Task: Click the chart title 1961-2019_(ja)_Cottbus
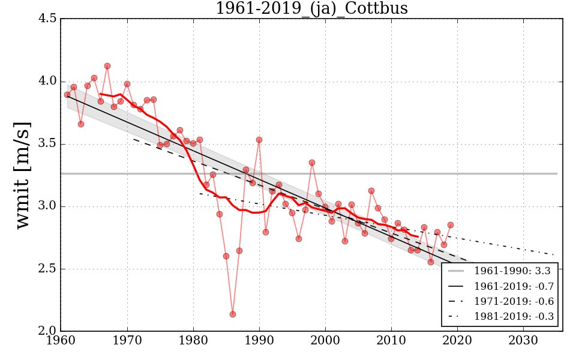coord(312,9)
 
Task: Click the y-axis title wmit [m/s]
coord(23,175)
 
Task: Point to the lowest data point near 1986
coord(233,314)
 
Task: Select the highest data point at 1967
coord(107,66)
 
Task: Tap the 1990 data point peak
coord(259,140)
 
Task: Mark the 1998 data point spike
coord(312,163)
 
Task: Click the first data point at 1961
coord(67,95)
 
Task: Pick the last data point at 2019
coord(451,225)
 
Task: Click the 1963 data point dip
coord(81,124)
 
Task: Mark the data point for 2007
coord(371,191)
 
